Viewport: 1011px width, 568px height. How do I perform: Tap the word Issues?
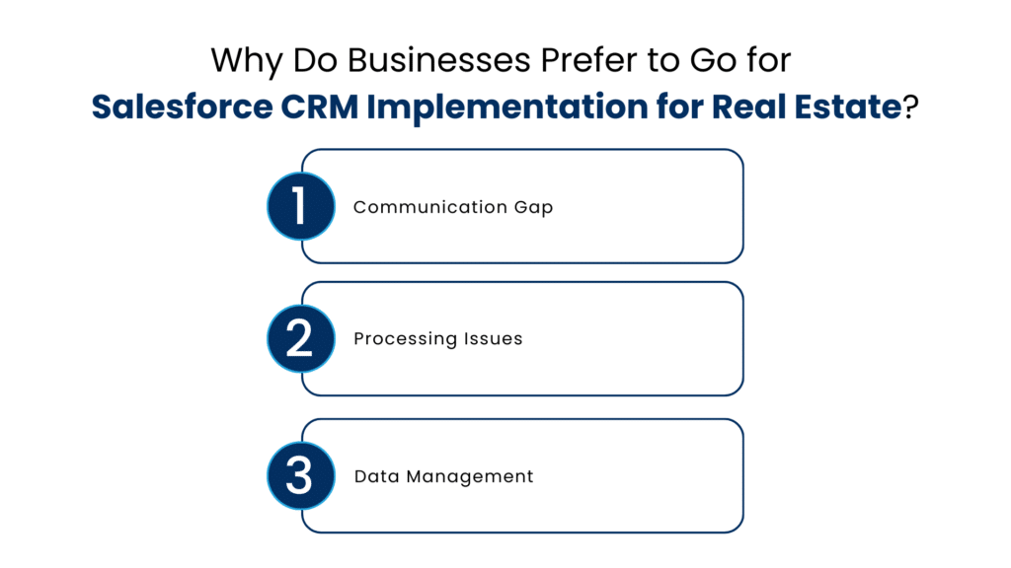(493, 339)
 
